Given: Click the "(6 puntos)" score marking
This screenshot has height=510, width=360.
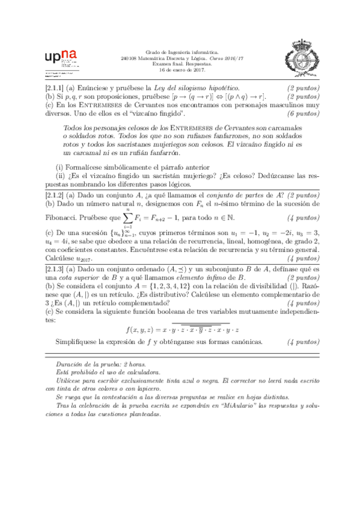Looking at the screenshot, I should tap(303, 114).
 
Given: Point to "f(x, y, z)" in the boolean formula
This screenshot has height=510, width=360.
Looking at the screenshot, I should tap(141, 330).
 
